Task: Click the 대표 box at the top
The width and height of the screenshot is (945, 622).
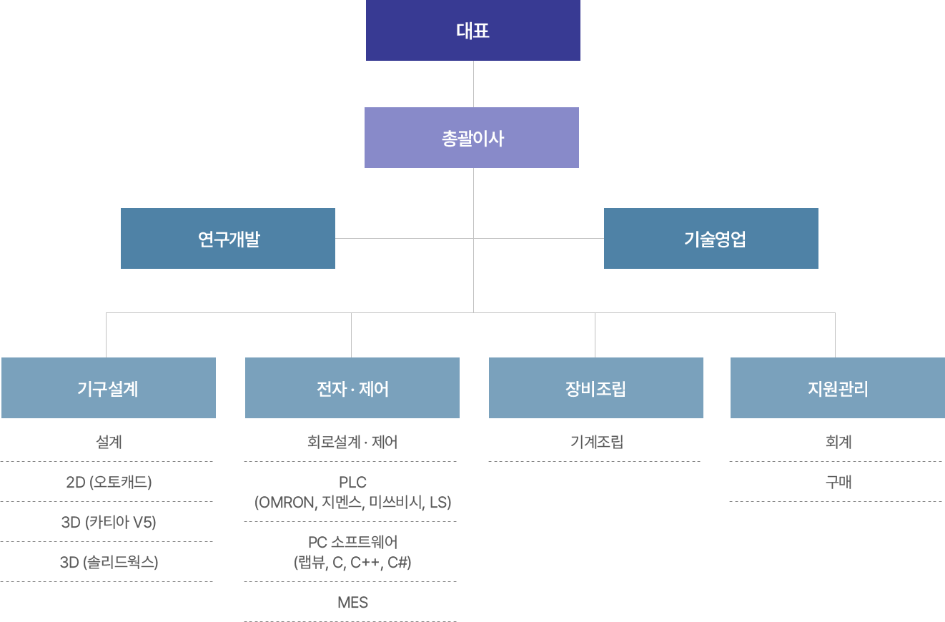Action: pos(472,31)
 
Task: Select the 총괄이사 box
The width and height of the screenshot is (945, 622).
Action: pos(472,138)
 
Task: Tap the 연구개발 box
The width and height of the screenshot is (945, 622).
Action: pos(228,239)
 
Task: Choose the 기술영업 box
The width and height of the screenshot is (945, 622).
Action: pos(711,239)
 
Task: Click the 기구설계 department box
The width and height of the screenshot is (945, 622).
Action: pos(109,388)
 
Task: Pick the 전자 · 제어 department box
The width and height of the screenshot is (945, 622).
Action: pos(352,388)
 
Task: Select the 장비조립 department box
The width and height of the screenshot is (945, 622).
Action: pos(596,388)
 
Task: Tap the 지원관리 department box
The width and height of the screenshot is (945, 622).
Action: pos(838,388)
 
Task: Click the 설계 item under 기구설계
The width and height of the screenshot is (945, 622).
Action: pos(109,442)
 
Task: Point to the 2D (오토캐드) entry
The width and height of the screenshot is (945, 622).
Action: pos(109,482)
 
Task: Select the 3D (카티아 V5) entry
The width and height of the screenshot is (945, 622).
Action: pos(109,522)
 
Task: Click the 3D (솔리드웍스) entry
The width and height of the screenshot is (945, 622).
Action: pos(109,562)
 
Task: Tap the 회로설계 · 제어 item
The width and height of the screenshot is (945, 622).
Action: pos(352,442)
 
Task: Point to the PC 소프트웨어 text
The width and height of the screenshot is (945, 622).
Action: pos(352,542)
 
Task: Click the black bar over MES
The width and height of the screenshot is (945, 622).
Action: pos(352,603)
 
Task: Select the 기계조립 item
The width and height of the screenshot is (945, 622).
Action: pos(596,442)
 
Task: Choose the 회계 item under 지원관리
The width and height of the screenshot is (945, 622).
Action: pos(838,442)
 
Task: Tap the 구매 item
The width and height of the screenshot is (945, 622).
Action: pos(838,482)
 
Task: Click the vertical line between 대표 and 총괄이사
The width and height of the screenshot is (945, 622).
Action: pos(473,84)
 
